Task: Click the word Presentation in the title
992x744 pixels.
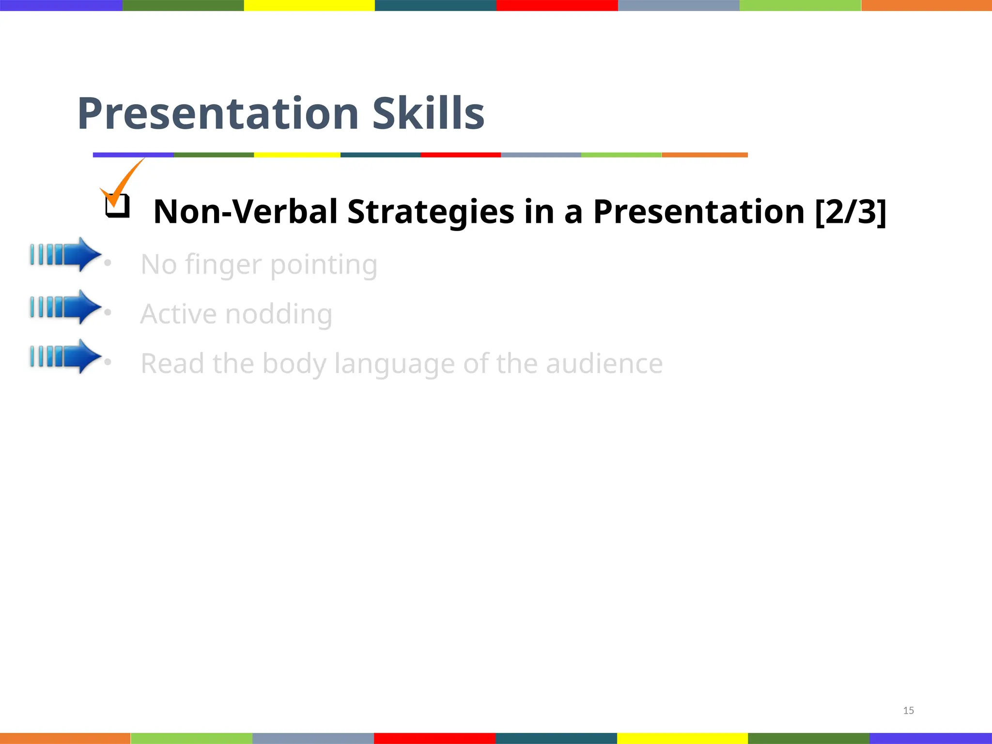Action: [218, 114]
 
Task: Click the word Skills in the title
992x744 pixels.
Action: [428, 114]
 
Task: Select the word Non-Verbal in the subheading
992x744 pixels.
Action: [245, 212]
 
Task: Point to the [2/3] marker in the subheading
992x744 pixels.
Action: [851, 212]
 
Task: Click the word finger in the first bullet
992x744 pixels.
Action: [223, 265]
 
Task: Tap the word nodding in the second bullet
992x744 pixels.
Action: [279, 314]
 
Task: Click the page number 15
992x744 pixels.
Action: [908, 711]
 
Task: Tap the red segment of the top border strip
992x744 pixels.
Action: [557, 5]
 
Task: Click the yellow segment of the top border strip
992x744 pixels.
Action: [309, 5]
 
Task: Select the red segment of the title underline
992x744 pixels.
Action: [460, 155]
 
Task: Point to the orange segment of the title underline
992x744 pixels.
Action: [704, 155]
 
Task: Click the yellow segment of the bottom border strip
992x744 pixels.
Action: [682, 738]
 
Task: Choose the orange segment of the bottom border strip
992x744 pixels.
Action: [65, 738]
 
